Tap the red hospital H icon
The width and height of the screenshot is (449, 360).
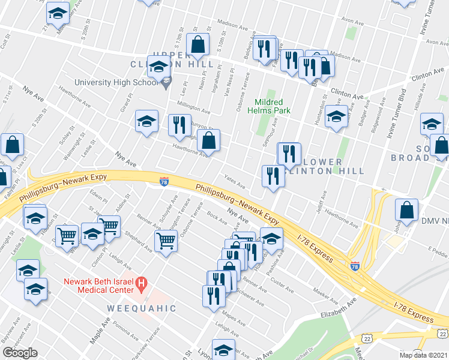point(142,281)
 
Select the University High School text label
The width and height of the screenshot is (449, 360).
point(115,83)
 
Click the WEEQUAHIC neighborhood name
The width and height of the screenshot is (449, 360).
point(142,308)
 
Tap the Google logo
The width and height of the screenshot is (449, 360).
point(20,353)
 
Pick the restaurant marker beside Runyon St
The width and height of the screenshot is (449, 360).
point(179,125)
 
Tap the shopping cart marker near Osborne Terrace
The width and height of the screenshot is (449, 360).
point(166,241)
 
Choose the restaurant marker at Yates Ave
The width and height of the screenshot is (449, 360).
point(273,176)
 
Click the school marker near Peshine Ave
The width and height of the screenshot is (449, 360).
point(271,238)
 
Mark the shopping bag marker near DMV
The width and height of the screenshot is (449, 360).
point(407,210)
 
